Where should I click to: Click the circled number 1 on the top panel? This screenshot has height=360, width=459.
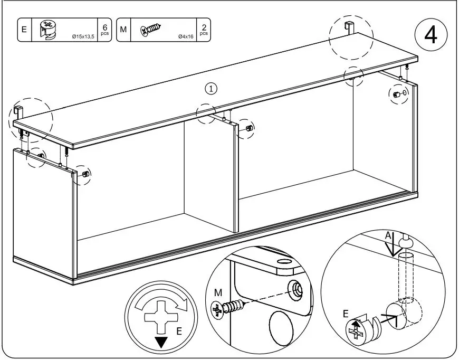pyautogui.click(x=212, y=88)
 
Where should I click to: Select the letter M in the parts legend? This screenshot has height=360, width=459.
pyautogui.click(x=123, y=30)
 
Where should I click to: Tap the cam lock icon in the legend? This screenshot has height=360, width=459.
pyautogui.click(x=48, y=29)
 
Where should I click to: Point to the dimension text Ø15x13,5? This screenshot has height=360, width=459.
pyautogui.click(x=83, y=36)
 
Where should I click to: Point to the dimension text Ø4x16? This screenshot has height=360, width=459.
pyautogui.click(x=186, y=36)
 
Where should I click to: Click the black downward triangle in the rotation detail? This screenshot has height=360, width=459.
pyautogui.click(x=161, y=342)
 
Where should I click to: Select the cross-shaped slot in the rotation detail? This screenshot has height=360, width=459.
pyautogui.click(x=161, y=318)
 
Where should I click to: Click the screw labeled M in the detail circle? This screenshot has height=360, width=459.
pyautogui.click(x=227, y=307)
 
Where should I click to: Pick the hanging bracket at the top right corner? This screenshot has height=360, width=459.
pyautogui.click(x=349, y=27)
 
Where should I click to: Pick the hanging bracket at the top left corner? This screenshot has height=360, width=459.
pyautogui.click(x=18, y=112)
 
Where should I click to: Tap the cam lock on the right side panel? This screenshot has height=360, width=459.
pyautogui.click(x=396, y=94)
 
